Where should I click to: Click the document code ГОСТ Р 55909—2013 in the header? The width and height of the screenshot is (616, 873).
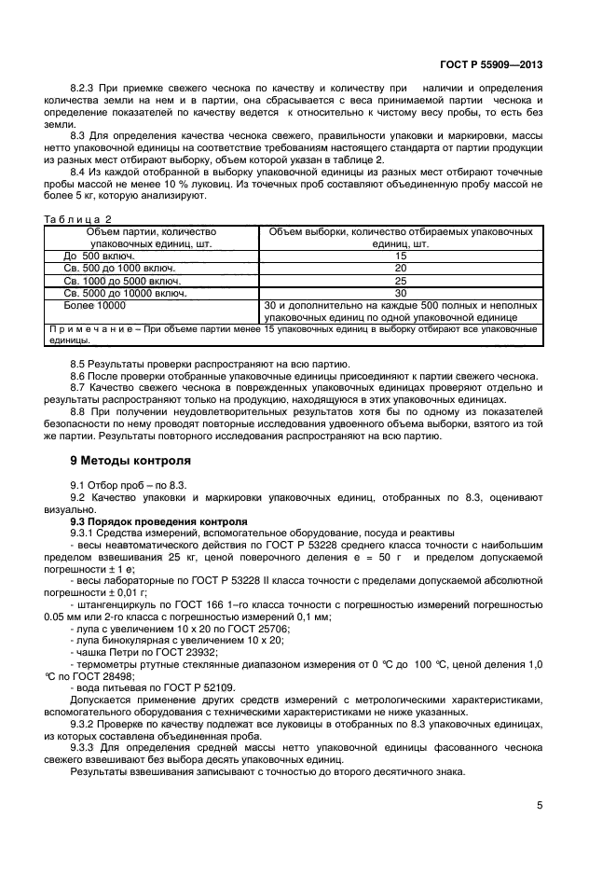coord(491,66)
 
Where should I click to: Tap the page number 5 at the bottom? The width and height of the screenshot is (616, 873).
coord(541,804)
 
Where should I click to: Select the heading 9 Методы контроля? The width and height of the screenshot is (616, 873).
coord(130,461)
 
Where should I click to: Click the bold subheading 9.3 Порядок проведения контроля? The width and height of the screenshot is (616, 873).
coord(159,520)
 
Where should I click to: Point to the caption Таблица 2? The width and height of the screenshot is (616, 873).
coord(77,218)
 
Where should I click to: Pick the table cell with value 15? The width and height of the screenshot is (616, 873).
coord(401,255)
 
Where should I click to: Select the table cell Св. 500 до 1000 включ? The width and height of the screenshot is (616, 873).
coord(118,267)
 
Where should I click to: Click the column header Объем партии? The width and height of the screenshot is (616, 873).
coord(151,230)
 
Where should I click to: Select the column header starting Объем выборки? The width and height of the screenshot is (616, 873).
coord(401,230)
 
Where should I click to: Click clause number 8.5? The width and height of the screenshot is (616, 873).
coord(79,363)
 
